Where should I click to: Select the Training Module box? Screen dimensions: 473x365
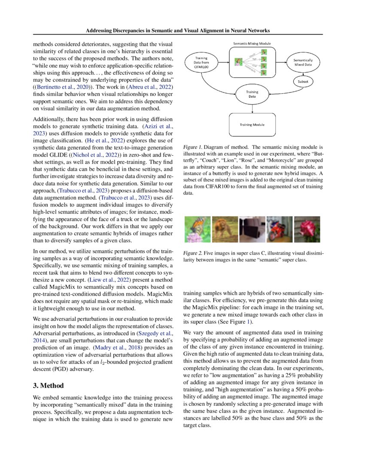252,125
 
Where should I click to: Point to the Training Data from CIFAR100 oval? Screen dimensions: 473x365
202,62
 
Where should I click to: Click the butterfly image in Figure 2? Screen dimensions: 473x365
198,229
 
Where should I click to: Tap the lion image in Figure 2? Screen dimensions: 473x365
225,229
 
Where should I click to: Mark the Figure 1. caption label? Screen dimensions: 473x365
194,147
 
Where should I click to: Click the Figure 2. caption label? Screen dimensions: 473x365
194,254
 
